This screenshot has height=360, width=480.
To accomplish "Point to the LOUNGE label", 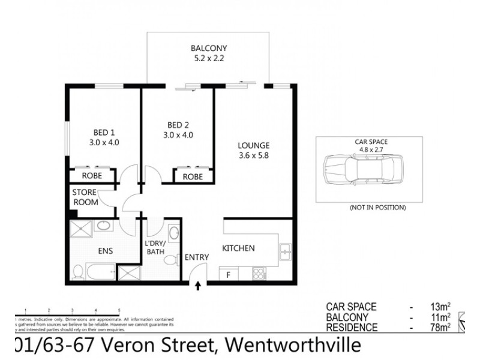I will (x=253, y=145).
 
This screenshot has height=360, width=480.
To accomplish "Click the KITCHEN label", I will (x=239, y=248).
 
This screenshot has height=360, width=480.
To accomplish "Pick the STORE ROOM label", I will (x=85, y=197).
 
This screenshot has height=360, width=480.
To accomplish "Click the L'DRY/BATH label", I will (x=155, y=248).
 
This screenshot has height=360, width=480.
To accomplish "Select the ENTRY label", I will (x=197, y=257).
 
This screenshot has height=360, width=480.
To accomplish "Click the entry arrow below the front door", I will (x=199, y=287).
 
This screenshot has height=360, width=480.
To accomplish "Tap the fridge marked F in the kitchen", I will (x=228, y=275).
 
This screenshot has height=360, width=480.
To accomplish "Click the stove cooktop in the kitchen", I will (x=260, y=274).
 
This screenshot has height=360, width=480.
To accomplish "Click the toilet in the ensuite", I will (x=77, y=273).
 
